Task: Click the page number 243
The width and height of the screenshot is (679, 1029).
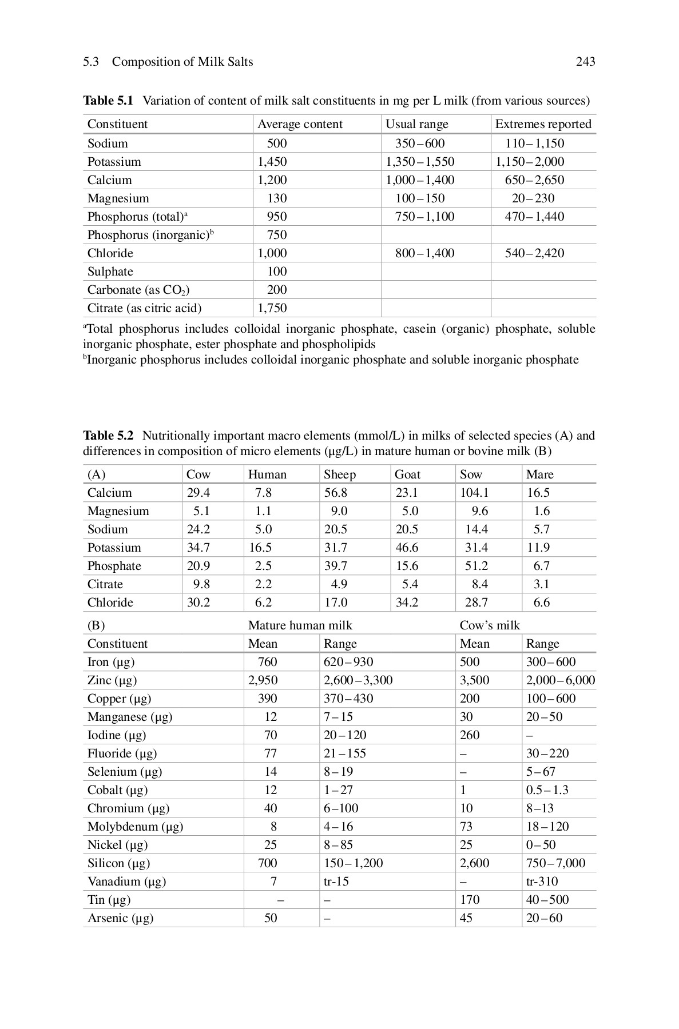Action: tap(585, 62)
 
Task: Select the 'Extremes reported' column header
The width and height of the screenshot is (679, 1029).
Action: tap(543, 124)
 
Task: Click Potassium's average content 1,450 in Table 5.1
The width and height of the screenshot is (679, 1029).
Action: tap(272, 162)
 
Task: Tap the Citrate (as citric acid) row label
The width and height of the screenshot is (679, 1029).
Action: tap(144, 308)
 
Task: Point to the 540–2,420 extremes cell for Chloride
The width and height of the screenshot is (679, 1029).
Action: tap(534, 253)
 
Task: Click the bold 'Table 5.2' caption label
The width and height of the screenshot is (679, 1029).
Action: tap(108, 436)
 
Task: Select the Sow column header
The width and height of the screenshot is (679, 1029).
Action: tap(471, 474)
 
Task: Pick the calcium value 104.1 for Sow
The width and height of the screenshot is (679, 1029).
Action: tap(474, 493)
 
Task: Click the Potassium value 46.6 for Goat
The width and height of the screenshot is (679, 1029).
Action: tap(407, 548)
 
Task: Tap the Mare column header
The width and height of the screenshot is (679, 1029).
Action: tap(539, 474)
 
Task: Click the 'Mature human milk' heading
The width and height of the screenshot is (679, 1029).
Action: tap(300, 625)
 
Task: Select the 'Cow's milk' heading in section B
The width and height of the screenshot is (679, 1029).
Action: tap(490, 625)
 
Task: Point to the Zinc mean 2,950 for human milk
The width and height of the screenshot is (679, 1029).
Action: tap(263, 680)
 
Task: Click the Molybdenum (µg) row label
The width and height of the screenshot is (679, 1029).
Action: tap(135, 827)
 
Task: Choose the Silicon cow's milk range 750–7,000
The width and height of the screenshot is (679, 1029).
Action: tap(555, 863)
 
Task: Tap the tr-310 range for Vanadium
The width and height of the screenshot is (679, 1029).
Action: tap(542, 882)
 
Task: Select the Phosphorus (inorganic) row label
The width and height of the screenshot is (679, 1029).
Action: tap(150, 235)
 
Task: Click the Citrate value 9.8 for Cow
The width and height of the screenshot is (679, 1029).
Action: tap(201, 584)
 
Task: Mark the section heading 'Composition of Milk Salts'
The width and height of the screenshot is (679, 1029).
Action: tap(182, 62)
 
